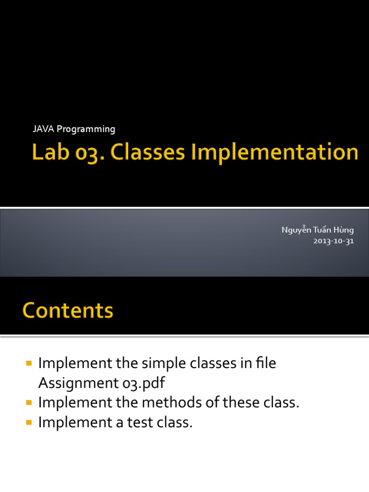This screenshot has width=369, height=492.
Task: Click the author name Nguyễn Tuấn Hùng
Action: pos(317,230)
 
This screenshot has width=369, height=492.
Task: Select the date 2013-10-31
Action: pos(333,241)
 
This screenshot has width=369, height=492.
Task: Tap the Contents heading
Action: pos(68,310)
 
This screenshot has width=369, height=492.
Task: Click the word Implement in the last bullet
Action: pos(73,423)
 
